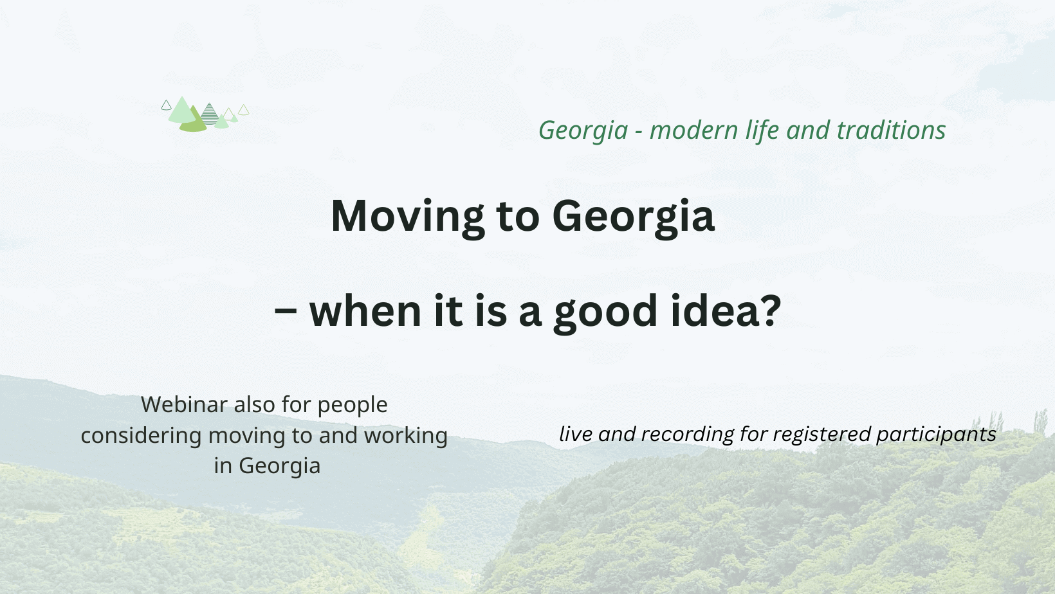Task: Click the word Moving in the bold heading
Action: click(x=408, y=217)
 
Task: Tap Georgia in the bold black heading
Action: click(x=634, y=217)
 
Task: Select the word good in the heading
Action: click(x=605, y=314)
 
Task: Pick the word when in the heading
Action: click(x=365, y=311)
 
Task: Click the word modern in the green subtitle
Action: click(x=693, y=130)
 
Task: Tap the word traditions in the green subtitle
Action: click(x=891, y=130)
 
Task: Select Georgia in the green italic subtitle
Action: click(x=583, y=131)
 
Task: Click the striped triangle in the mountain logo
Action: click(x=209, y=115)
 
